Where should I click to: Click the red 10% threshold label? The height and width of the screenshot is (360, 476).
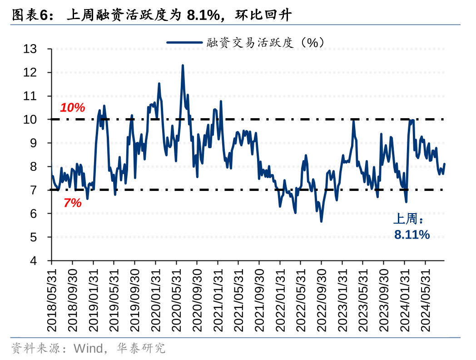[73, 108]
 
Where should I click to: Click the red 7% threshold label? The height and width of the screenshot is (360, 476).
[72, 203]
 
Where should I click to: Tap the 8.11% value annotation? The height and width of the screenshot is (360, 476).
[412, 235]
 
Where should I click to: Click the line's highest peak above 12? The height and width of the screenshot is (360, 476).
[183, 66]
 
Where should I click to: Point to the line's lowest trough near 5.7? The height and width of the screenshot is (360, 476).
[321, 221]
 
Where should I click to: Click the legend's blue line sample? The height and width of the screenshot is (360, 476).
[184, 42]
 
